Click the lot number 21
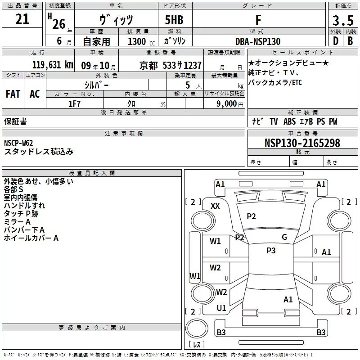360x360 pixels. [22, 19]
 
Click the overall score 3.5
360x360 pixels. [342, 20]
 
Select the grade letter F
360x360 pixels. [258, 20]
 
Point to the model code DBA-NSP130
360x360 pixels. [258, 41]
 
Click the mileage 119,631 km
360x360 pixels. [53, 65]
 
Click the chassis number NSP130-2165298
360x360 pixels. [302, 144]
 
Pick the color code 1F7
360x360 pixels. [74, 103]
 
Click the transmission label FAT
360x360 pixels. [13, 94]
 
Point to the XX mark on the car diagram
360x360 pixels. [215, 206]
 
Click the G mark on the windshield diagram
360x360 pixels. [284, 237]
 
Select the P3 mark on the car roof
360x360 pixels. [271, 251]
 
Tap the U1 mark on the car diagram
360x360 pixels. [221, 308]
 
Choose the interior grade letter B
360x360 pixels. [350, 41]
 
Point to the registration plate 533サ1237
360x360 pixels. [182, 65]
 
